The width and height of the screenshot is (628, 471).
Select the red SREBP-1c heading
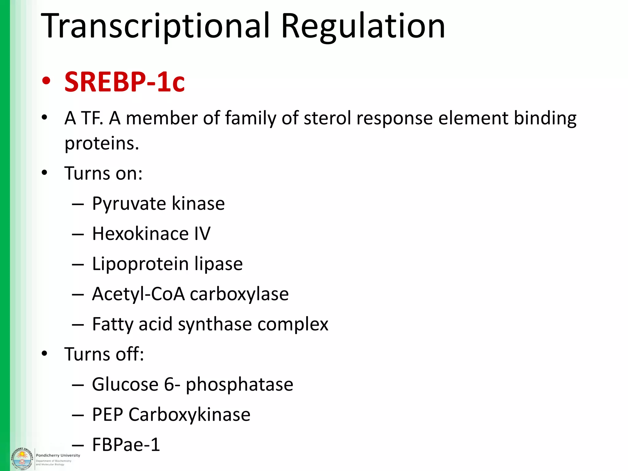pyautogui.click(x=124, y=82)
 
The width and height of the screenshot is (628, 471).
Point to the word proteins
pyautogui.click(x=101, y=143)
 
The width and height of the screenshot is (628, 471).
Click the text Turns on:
pyautogui.click(x=103, y=173)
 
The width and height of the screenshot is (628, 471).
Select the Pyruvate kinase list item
pyautogui.click(x=158, y=203)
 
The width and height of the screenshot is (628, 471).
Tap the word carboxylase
pyautogui.click(x=239, y=294)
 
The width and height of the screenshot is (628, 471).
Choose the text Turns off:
pyautogui.click(x=104, y=354)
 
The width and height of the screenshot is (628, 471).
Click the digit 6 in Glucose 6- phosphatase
pyautogui.click(x=169, y=384)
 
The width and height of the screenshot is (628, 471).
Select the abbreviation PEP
pyautogui.click(x=107, y=415)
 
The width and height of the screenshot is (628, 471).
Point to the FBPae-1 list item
pyautogui.click(x=126, y=445)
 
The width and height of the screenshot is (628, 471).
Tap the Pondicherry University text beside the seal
pyautogui.click(x=58, y=455)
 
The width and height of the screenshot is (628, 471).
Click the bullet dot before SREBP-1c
pyautogui.click(x=46, y=82)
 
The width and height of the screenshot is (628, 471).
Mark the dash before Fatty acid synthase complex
pyautogui.click(x=78, y=324)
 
